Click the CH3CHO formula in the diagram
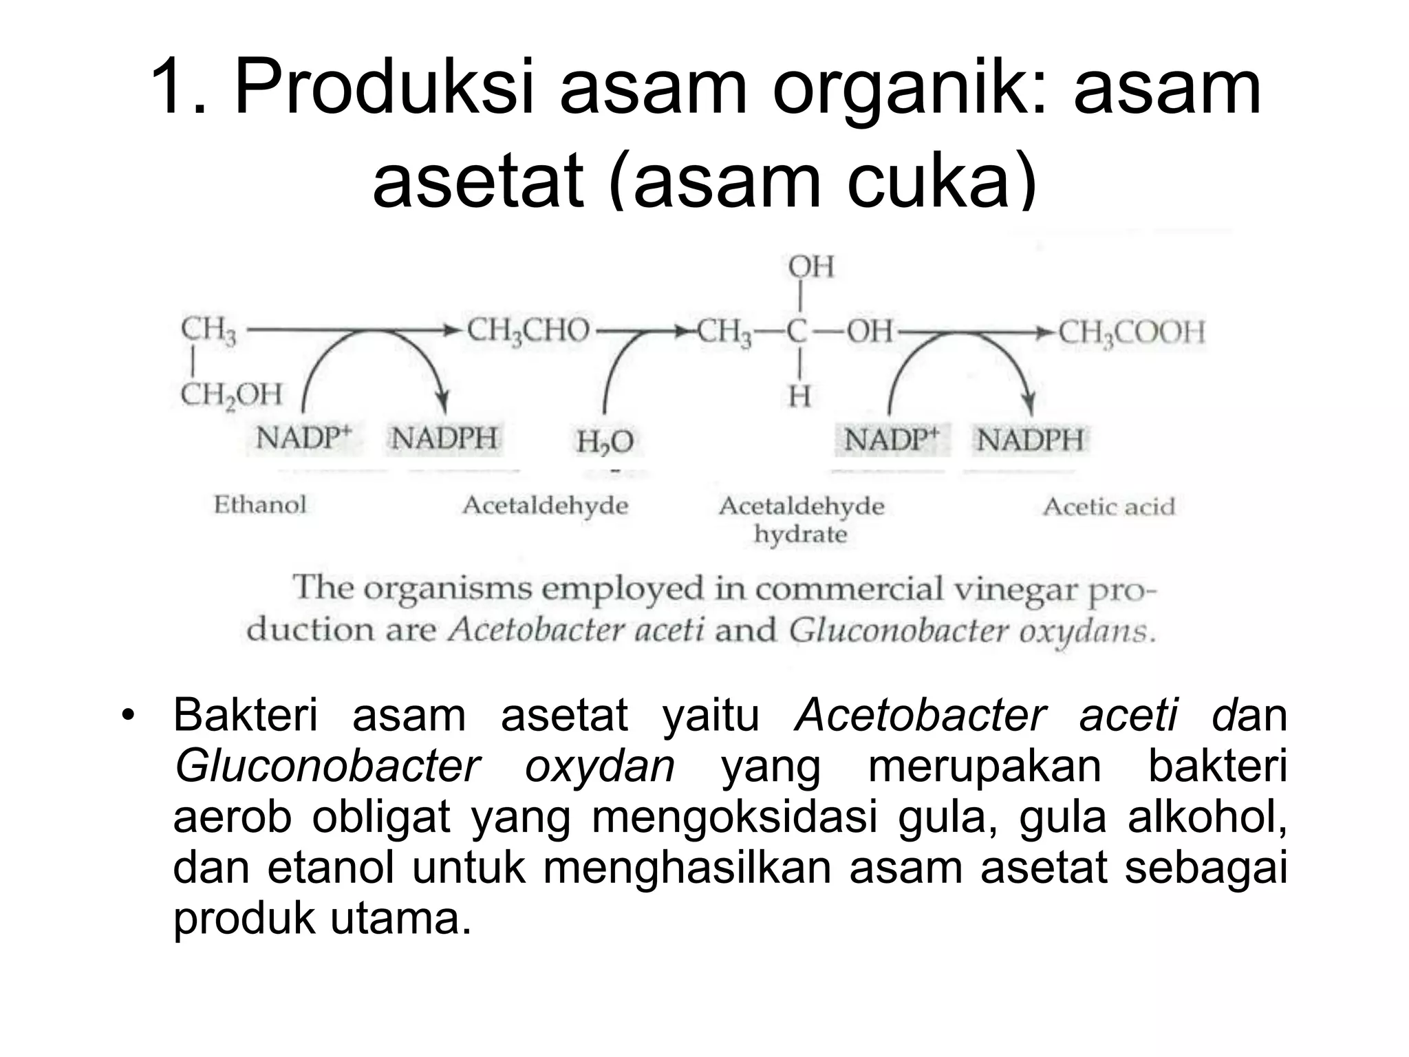click(x=528, y=331)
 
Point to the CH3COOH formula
click(x=1131, y=332)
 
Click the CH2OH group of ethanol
click(x=231, y=395)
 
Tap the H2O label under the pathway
click(x=605, y=442)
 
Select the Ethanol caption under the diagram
click(x=259, y=504)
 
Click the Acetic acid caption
click(x=1108, y=507)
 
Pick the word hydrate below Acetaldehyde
click(x=800, y=534)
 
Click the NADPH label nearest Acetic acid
click(x=1030, y=440)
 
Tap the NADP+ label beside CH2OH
click(x=303, y=438)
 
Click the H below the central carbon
click(x=799, y=396)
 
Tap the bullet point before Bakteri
click(x=125, y=715)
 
